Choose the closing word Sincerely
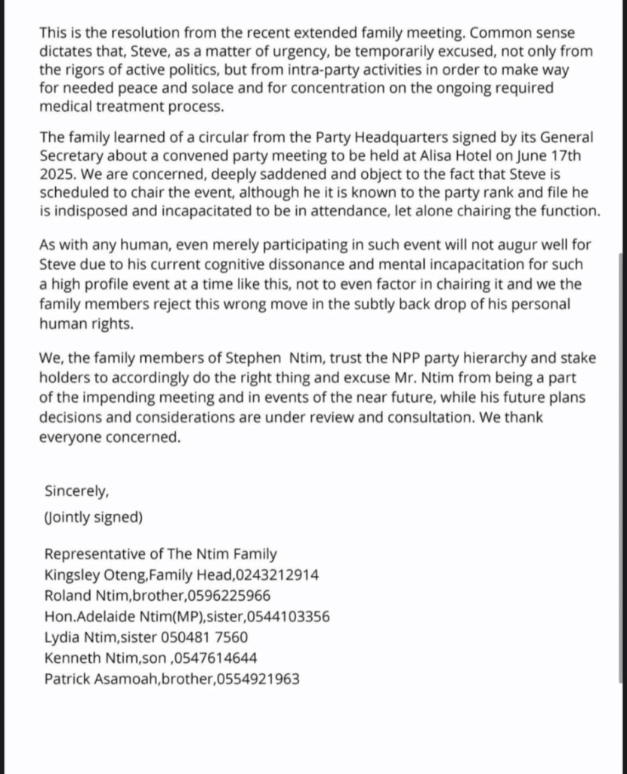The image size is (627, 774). (76, 491)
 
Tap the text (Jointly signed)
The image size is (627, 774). (93, 518)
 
